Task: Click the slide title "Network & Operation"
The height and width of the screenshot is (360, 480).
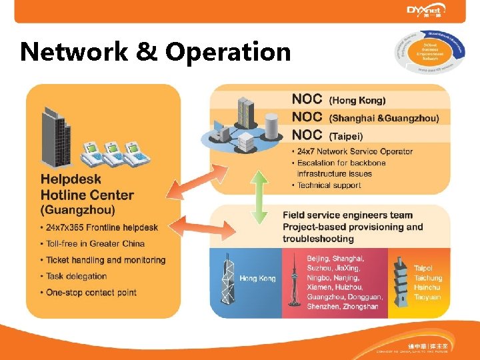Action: click(x=155, y=52)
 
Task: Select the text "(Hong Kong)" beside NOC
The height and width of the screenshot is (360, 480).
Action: click(x=357, y=101)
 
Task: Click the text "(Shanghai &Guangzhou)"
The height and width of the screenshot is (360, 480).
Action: click(x=384, y=119)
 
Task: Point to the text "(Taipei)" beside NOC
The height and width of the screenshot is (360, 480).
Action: click(x=346, y=137)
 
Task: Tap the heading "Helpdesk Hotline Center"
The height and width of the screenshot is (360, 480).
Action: click(x=87, y=187)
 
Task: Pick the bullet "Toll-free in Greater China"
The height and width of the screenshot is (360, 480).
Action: click(x=99, y=243)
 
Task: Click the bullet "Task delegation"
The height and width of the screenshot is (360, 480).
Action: click(x=76, y=276)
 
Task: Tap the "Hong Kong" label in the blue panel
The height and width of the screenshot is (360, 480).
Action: click(x=257, y=278)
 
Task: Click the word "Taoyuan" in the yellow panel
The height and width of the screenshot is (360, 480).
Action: click(x=427, y=297)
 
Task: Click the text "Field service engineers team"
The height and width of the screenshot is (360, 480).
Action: click(x=347, y=215)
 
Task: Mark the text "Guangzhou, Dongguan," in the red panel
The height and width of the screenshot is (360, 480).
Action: click(x=345, y=297)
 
